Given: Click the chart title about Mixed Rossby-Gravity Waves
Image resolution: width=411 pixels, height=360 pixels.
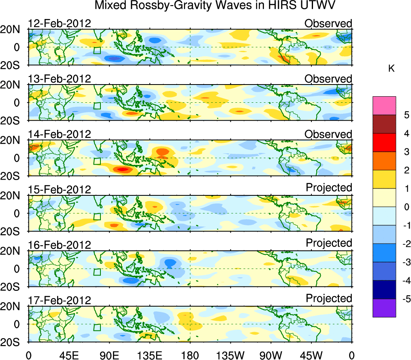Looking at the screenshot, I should pyautogui.click(x=215, y=6).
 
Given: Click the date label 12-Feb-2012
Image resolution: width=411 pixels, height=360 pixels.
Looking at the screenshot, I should pyautogui.click(x=60, y=23).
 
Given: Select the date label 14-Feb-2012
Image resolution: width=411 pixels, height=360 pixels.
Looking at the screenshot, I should pyautogui.click(x=60, y=134).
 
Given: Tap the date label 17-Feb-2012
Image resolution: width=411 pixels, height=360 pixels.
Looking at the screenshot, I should pyautogui.click(x=60, y=300).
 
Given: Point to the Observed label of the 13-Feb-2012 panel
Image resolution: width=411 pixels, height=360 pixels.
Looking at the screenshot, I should pyautogui.click(x=328, y=78).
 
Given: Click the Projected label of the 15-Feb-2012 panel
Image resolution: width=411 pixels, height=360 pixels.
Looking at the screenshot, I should pyautogui.click(x=329, y=187).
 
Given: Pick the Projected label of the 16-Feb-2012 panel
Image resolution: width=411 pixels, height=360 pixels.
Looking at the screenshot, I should pyautogui.click(x=329, y=243).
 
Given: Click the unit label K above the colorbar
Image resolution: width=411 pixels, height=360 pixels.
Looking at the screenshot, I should pyautogui.click(x=391, y=69).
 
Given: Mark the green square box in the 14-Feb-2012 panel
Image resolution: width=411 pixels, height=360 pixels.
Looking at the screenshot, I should pyautogui.click(x=97, y=161).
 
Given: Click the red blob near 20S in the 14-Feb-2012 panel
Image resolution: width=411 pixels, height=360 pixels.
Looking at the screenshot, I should pyautogui.click(x=121, y=169).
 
